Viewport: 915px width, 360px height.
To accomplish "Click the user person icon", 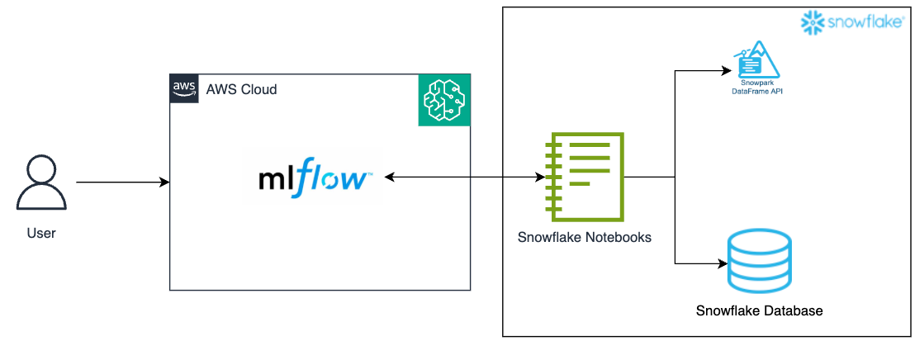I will (41, 183).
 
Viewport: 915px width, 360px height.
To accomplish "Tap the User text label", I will (41, 233).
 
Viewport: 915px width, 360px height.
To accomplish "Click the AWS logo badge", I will (184, 88).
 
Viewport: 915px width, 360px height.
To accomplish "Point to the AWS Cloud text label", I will (241, 89).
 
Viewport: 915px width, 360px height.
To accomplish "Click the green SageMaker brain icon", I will (443, 99).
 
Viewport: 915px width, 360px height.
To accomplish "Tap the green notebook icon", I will (583, 176).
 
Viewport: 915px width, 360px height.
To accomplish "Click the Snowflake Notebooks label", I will (584, 237).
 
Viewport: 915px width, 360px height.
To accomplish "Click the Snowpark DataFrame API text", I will (757, 89).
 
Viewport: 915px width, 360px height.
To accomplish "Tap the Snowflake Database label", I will (759, 311).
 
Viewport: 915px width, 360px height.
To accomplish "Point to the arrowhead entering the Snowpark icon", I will (727, 71).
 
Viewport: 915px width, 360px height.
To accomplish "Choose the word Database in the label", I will (794, 311).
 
